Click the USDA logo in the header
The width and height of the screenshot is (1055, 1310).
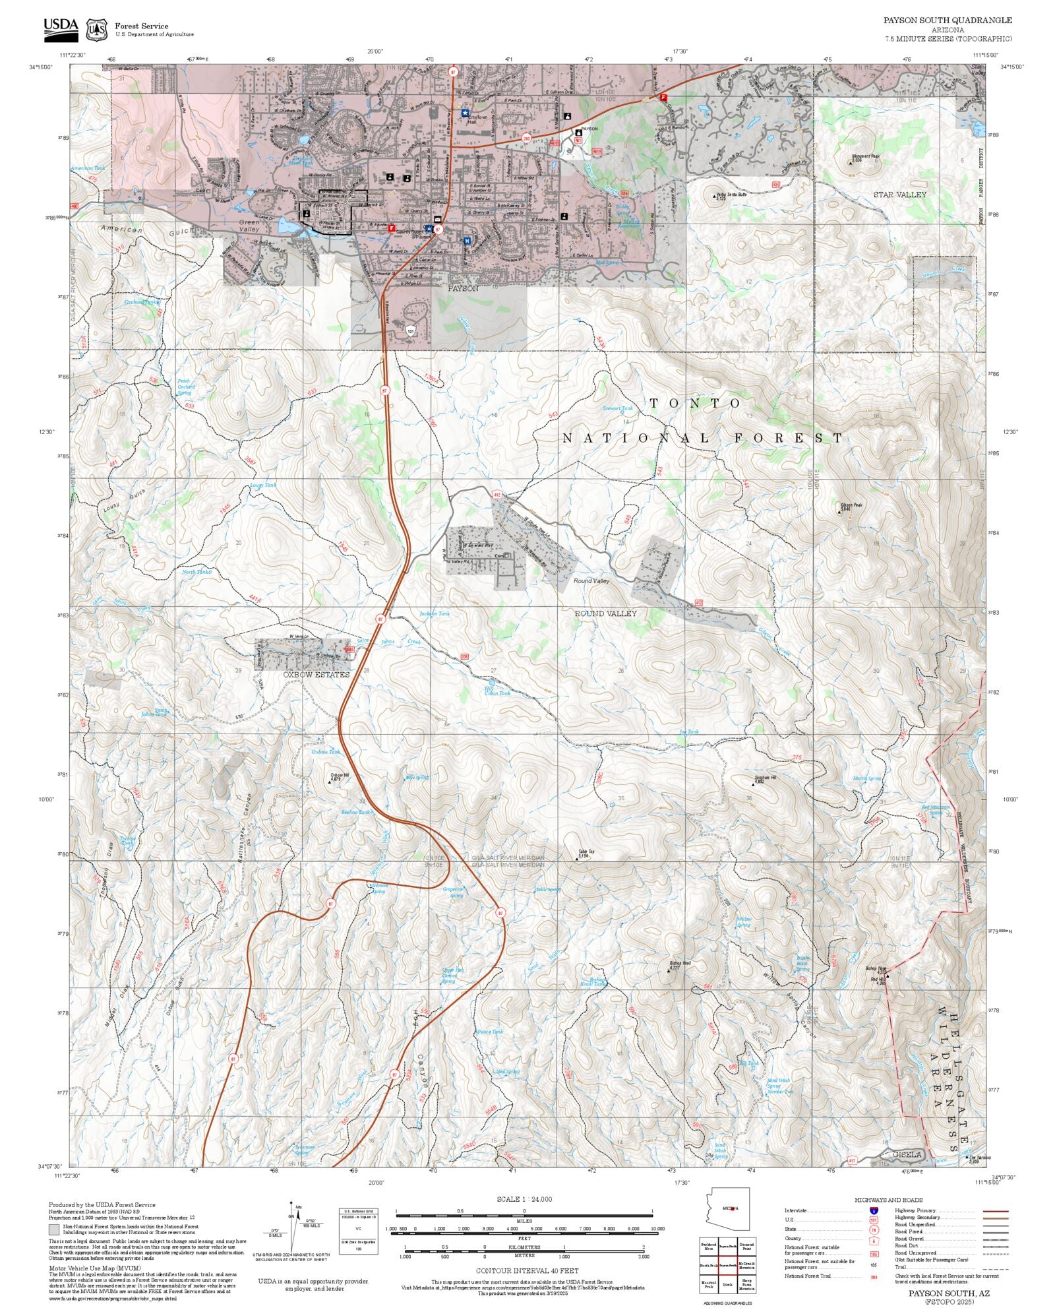click(61, 28)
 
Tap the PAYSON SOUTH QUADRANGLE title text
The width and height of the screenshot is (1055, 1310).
click(948, 20)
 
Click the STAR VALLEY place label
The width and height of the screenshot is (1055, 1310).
click(899, 195)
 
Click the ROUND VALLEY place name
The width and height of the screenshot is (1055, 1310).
click(605, 613)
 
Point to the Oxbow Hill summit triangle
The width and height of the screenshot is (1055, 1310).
click(330, 783)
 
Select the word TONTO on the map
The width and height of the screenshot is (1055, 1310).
click(695, 403)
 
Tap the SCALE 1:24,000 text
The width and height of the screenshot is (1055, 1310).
click(524, 1199)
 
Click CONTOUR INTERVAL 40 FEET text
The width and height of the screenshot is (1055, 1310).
click(527, 1270)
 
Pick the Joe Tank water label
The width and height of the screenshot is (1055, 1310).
click(688, 732)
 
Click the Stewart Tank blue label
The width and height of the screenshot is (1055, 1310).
click(617, 408)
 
